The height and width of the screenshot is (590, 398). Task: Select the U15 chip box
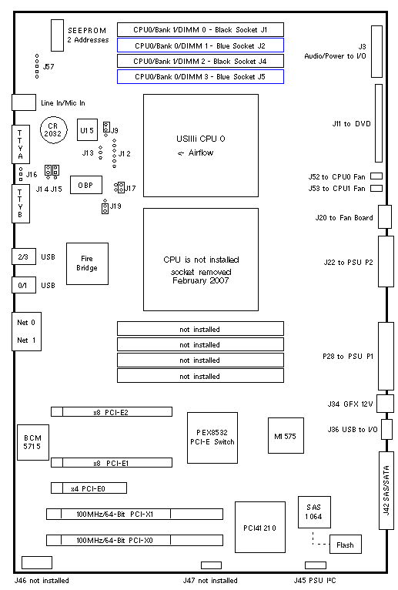coord(87,130)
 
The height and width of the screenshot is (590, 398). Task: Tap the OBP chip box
coord(86,185)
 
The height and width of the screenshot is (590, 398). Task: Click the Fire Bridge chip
coord(87,263)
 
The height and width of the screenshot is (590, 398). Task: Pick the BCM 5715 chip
coord(33,442)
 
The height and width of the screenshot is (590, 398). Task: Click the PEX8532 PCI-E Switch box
coord(212,437)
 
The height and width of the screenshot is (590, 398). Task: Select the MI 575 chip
coord(286,435)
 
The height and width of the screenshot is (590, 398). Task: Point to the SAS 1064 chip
coord(314,511)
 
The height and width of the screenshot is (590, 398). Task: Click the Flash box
coord(346,544)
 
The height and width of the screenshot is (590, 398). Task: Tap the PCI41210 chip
coord(260,527)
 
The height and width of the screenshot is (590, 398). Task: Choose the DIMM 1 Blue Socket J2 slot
coord(200,45)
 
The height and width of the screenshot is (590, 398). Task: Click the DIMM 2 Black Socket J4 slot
coord(200,61)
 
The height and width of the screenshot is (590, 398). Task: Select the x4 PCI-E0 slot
coord(89,488)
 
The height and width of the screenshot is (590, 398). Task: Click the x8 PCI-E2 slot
coord(112,411)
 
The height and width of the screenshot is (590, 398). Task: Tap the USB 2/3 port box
coord(24,256)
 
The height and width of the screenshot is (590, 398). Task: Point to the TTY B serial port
coord(21,203)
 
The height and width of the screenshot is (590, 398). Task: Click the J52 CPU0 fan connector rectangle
coord(376,176)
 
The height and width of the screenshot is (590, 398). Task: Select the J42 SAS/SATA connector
coord(386,491)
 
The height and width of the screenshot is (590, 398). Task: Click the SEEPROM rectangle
coord(58,35)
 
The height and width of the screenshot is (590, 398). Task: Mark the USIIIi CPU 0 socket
coord(201,146)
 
